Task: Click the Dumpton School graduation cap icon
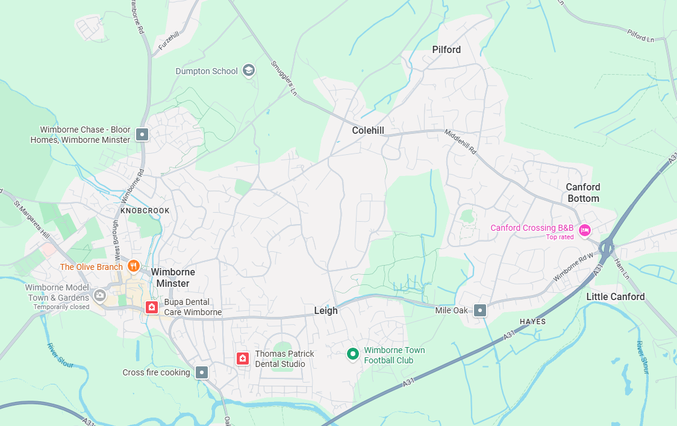pyautogui.click(x=248, y=70)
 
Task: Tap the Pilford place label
pyautogui.click(x=446, y=49)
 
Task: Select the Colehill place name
pyautogui.click(x=368, y=130)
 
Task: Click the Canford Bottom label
pyautogui.click(x=583, y=193)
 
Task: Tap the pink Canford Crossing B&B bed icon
pyautogui.click(x=584, y=230)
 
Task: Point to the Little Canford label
pyautogui.click(x=616, y=296)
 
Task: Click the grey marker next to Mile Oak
pyautogui.click(x=480, y=310)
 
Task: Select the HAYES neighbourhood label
pyautogui.click(x=532, y=322)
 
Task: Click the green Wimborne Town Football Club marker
pyautogui.click(x=352, y=354)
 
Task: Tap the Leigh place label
pyautogui.click(x=326, y=311)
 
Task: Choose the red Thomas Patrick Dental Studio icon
pyautogui.click(x=243, y=359)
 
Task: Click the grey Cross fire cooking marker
pyautogui.click(x=202, y=372)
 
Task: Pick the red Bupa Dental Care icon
pyautogui.click(x=151, y=307)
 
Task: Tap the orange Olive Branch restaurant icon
pyautogui.click(x=133, y=266)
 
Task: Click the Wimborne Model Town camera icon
pyautogui.click(x=100, y=295)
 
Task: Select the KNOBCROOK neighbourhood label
pyautogui.click(x=145, y=211)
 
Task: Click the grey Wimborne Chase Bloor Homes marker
pyautogui.click(x=142, y=134)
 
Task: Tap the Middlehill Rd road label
pyautogui.click(x=460, y=142)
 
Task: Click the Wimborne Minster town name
pyautogui.click(x=173, y=278)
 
